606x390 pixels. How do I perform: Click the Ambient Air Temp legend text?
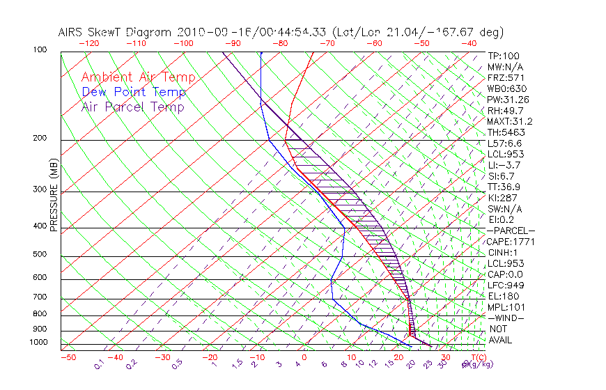tap(138, 77)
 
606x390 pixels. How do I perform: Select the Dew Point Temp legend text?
tap(134, 92)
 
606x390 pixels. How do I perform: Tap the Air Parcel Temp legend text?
tap(132, 107)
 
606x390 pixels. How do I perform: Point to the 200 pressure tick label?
tap(40, 139)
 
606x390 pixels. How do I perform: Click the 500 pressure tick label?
tap(40, 255)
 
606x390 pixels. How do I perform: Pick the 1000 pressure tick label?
tap(38, 342)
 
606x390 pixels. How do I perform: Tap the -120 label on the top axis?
tap(89, 43)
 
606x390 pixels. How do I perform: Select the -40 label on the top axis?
tap(469, 43)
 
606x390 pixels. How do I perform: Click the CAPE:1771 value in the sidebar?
tap(509, 241)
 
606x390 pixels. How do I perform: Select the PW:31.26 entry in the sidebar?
tap(508, 100)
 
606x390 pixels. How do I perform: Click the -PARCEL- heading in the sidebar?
tap(511, 231)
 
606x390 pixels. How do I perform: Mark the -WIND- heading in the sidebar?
tap(505, 318)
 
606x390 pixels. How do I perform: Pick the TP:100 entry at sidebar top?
tap(504, 56)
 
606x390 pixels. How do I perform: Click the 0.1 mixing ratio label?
tap(99, 364)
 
